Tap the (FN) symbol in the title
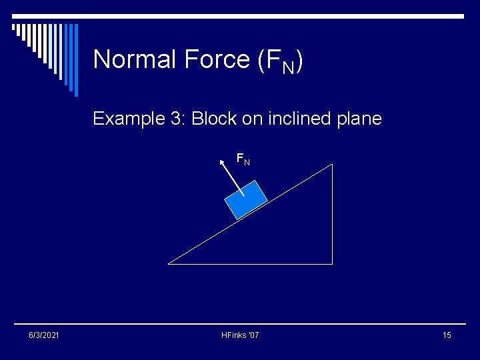coord(280,61)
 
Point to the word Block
coord(214,119)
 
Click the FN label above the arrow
coord(243,159)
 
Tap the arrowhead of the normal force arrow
coord(223,161)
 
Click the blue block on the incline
coord(246,199)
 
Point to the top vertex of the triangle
coord(331,165)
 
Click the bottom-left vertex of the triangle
coord(169,263)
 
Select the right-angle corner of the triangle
coord(331,263)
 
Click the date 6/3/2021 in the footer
coord(43,335)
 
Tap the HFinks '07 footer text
coord(240,335)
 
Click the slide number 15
coord(446,335)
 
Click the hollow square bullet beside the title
coord(14,27)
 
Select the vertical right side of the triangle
coord(331,213)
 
